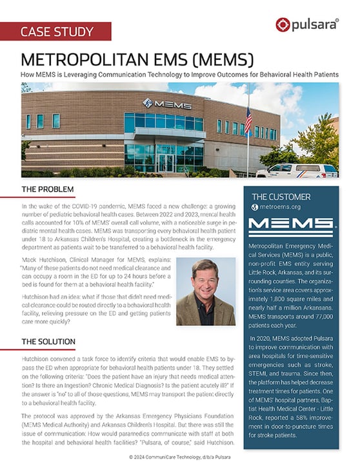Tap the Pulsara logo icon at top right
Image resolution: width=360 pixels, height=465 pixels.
point(282,25)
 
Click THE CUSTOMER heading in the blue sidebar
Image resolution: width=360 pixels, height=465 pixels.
point(281,197)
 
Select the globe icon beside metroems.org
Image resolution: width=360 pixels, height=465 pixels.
point(255,208)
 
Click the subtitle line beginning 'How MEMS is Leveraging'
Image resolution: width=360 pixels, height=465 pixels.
point(180,75)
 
